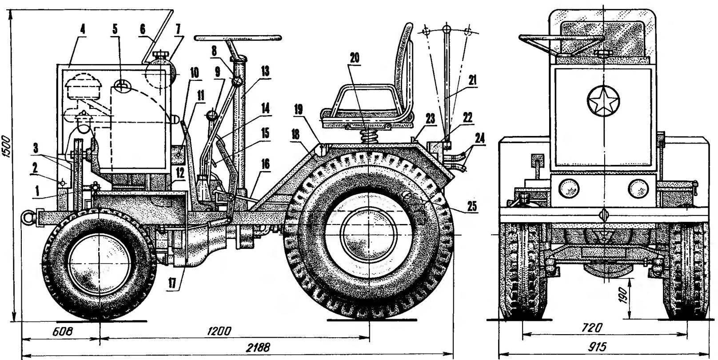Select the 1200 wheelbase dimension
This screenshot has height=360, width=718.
click(221, 331)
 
